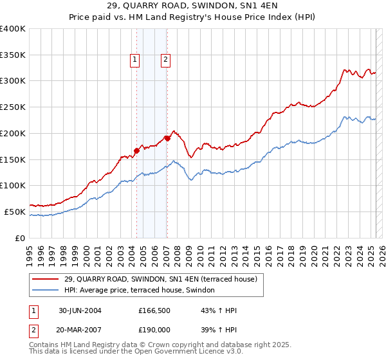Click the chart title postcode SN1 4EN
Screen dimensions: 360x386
point(248,7)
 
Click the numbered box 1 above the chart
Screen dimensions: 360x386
point(135,60)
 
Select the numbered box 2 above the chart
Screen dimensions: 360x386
point(165,60)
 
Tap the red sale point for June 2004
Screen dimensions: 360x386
point(137,151)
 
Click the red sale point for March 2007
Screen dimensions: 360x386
point(167,138)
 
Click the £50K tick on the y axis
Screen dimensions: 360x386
point(15,212)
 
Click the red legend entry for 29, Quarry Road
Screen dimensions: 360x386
point(160,279)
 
